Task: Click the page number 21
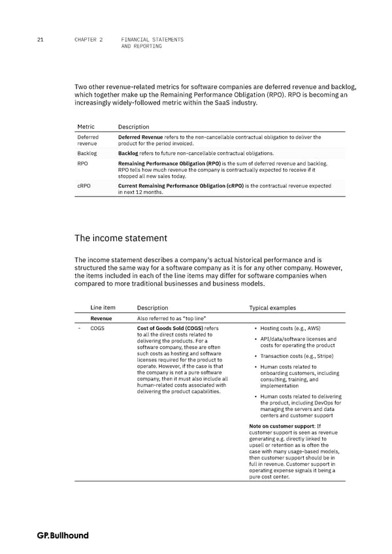coord(41,40)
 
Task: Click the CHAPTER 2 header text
coord(89,40)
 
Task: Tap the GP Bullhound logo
coord(63,536)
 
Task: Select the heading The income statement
coord(122,238)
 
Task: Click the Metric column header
coord(86,127)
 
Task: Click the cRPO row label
coord(84,186)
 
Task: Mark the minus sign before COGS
coord(78,328)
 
